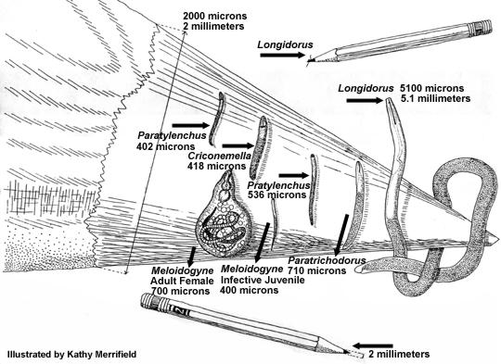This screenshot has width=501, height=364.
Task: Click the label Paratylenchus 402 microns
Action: pyautogui.click(x=164, y=139)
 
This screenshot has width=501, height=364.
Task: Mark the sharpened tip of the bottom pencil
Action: pyautogui.click(x=353, y=353)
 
